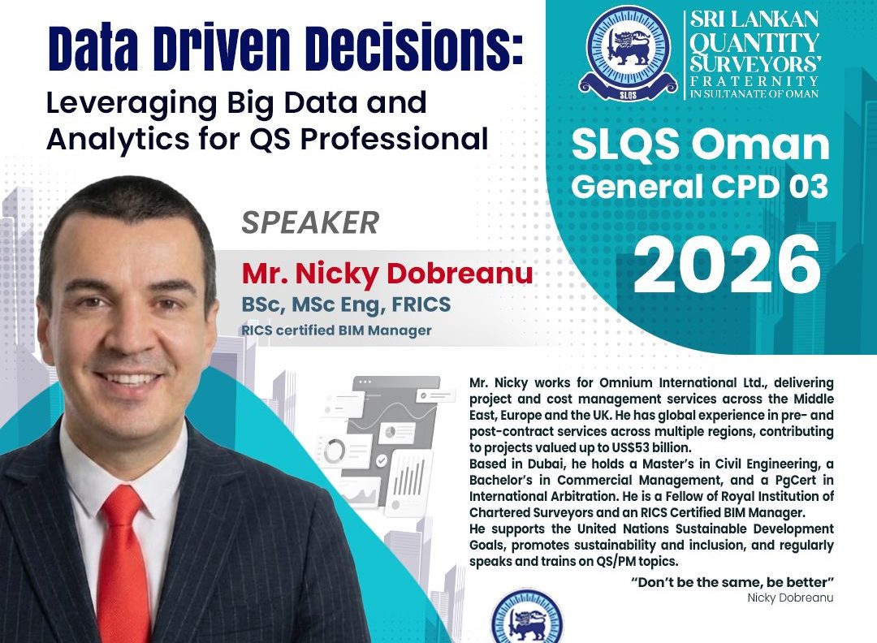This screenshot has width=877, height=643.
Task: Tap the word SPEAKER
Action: coord(310,222)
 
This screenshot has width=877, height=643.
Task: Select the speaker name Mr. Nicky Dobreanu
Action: coord(387,274)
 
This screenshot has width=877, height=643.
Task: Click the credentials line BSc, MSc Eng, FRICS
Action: coord(345,305)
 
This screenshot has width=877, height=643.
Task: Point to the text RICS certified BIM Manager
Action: coord(336,330)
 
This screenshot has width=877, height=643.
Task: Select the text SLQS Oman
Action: coord(701,145)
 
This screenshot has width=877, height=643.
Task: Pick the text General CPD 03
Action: coord(699,188)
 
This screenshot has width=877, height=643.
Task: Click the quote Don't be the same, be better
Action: coord(732,583)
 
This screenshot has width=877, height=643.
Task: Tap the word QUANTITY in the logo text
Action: coord(754,41)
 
